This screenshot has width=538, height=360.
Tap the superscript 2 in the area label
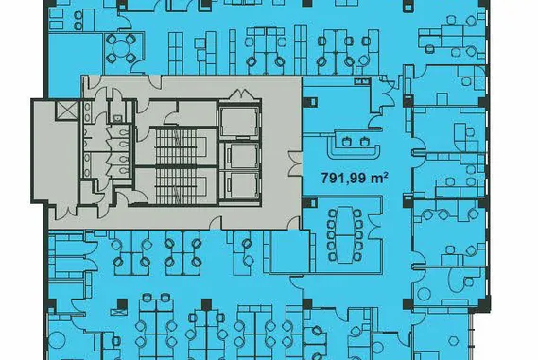pos(386,175)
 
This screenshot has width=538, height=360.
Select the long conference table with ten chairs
pos(345,234)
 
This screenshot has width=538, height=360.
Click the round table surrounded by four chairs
pos(120,48)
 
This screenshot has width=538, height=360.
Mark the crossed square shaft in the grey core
pos(65,110)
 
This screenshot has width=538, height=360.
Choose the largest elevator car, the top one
pos(238,121)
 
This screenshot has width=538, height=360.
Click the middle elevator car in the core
pos(243,155)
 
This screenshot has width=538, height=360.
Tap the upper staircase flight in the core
pos(176,146)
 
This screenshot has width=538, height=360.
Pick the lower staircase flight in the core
pos(176,186)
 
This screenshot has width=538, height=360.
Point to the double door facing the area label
pos(295,163)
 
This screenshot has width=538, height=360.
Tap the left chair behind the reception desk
pos(346,141)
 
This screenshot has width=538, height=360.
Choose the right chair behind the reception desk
pos(364,141)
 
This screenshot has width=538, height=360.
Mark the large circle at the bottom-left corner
pos(57,340)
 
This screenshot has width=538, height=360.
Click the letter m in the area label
pos(378,179)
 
